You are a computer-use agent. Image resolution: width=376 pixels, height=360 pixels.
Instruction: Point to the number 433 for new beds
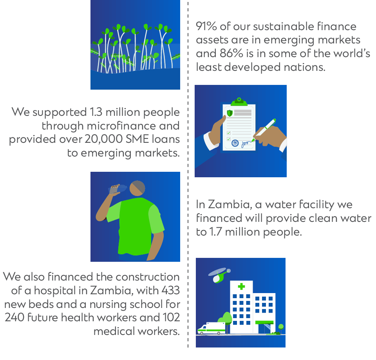pos(170,290)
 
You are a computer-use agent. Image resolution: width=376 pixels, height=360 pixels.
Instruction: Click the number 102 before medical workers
pos(171,317)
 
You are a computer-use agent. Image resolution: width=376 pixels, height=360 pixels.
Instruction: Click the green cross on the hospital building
pos(241,286)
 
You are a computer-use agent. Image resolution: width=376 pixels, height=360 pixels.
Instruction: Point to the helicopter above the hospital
pos(220,275)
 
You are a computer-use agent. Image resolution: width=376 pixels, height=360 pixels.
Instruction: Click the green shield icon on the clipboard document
pos(230,113)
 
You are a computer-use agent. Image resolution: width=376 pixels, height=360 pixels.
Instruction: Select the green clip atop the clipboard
pos(239,102)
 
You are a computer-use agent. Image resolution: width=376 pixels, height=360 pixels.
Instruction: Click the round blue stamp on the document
pos(235,143)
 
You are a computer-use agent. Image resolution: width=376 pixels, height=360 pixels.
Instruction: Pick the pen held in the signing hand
pos(264,130)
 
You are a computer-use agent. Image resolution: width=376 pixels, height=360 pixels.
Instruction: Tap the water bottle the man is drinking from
pos(118,189)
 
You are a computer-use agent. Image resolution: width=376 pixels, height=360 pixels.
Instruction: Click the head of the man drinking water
pos(137,189)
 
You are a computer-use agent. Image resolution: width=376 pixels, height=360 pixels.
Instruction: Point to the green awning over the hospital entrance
pos(264,322)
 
